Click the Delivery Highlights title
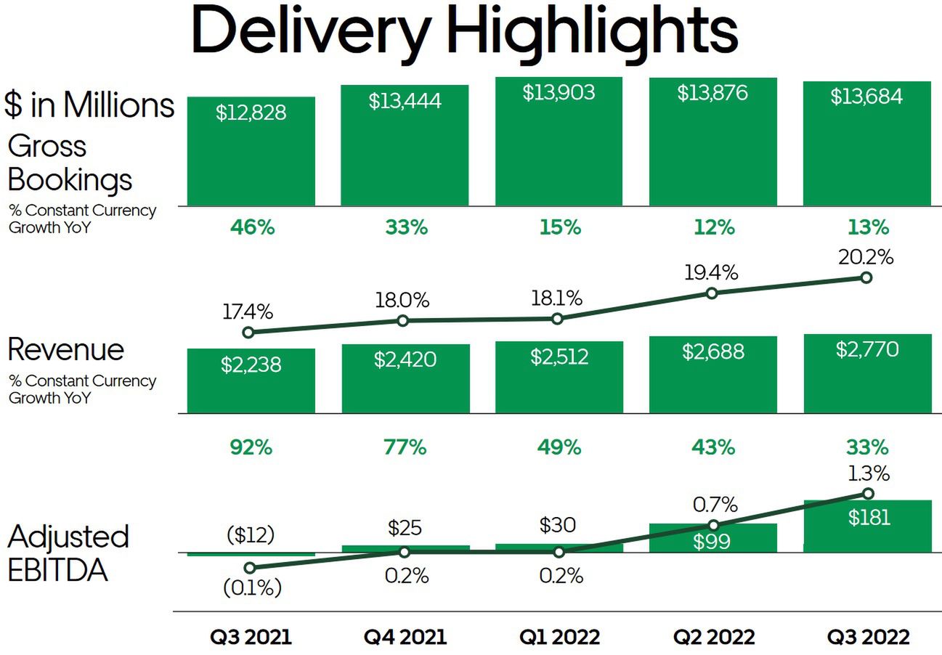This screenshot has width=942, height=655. click(465, 33)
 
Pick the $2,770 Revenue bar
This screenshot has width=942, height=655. click(866, 373)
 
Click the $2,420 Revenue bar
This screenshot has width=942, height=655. click(405, 378)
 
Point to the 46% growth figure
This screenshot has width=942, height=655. click(252, 227)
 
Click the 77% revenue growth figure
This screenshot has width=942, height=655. click(405, 447)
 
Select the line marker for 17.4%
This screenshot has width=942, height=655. click(248, 333)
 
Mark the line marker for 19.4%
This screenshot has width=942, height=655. click(712, 293)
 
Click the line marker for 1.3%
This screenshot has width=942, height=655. click(867, 493)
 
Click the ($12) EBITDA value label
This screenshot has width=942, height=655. click(251, 535)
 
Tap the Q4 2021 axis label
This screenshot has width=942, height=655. click(405, 638)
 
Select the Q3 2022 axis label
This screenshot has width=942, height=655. click(869, 638)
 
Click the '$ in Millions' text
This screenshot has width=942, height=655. click(89, 105)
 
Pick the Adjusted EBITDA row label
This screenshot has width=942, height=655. click(68, 553)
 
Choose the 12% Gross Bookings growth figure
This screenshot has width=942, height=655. click(714, 227)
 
